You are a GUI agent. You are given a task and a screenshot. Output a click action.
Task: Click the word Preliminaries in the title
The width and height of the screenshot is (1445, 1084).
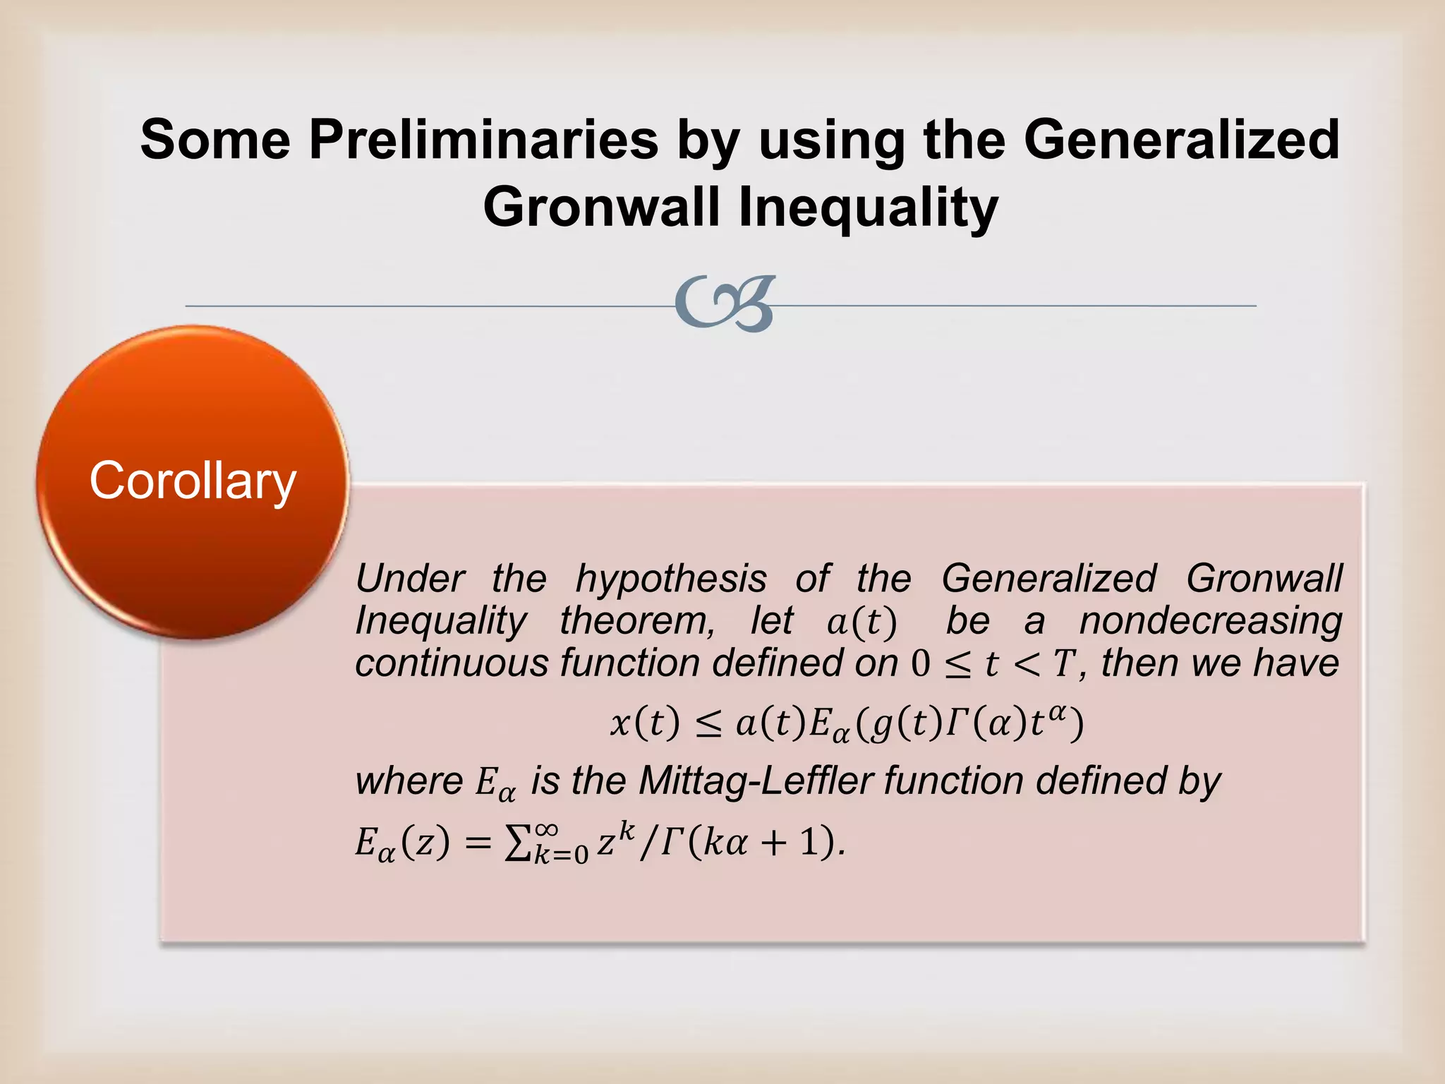pyautogui.click(x=483, y=140)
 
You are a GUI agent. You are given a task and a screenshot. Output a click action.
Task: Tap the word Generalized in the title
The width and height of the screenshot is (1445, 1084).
pyautogui.click(x=1181, y=140)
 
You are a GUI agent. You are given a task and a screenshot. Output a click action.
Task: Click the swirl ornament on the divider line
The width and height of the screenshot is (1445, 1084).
pyautogui.click(x=725, y=304)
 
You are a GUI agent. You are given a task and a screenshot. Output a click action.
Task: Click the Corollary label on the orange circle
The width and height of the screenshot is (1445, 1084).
pyautogui.click(x=192, y=481)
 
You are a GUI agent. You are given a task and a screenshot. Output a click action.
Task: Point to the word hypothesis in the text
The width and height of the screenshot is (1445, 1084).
pyautogui.click(x=671, y=579)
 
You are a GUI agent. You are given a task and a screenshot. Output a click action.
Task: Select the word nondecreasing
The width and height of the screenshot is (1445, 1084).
pyautogui.click(x=1211, y=621)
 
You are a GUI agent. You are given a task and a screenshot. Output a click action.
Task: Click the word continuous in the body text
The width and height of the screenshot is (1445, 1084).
pyautogui.click(x=452, y=663)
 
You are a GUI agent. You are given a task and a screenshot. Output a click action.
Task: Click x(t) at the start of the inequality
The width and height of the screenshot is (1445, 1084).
pyautogui.click(x=645, y=723)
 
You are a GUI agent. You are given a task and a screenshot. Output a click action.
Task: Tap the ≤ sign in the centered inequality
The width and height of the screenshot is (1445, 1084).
pyautogui.click(x=708, y=725)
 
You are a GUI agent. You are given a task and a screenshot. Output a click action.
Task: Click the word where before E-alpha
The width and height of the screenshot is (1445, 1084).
pyautogui.click(x=409, y=781)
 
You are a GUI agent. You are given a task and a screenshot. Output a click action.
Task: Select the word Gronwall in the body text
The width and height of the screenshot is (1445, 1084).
pyautogui.click(x=1264, y=579)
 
